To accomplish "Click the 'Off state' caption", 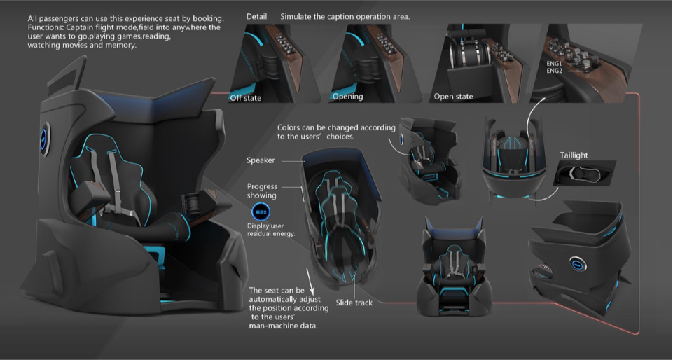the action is (x=246, y=98).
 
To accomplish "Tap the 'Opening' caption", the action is (x=347, y=97).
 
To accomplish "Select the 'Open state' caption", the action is (x=453, y=97).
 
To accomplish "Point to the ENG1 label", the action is (x=554, y=64).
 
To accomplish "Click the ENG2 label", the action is (x=554, y=71).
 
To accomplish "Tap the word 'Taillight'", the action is (x=574, y=155).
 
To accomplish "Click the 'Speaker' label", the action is (x=261, y=160).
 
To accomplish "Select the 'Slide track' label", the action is (x=354, y=303).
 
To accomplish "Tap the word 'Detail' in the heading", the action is (x=257, y=17).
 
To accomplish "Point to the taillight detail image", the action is (x=585, y=173).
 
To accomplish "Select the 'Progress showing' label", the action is (x=262, y=191).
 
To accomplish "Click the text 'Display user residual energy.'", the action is (x=271, y=230).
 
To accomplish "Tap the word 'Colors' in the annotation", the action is (x=289, y=127).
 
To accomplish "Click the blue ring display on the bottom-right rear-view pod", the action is (x=578, y=264).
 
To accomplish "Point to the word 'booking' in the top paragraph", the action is (x=208, y=18).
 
